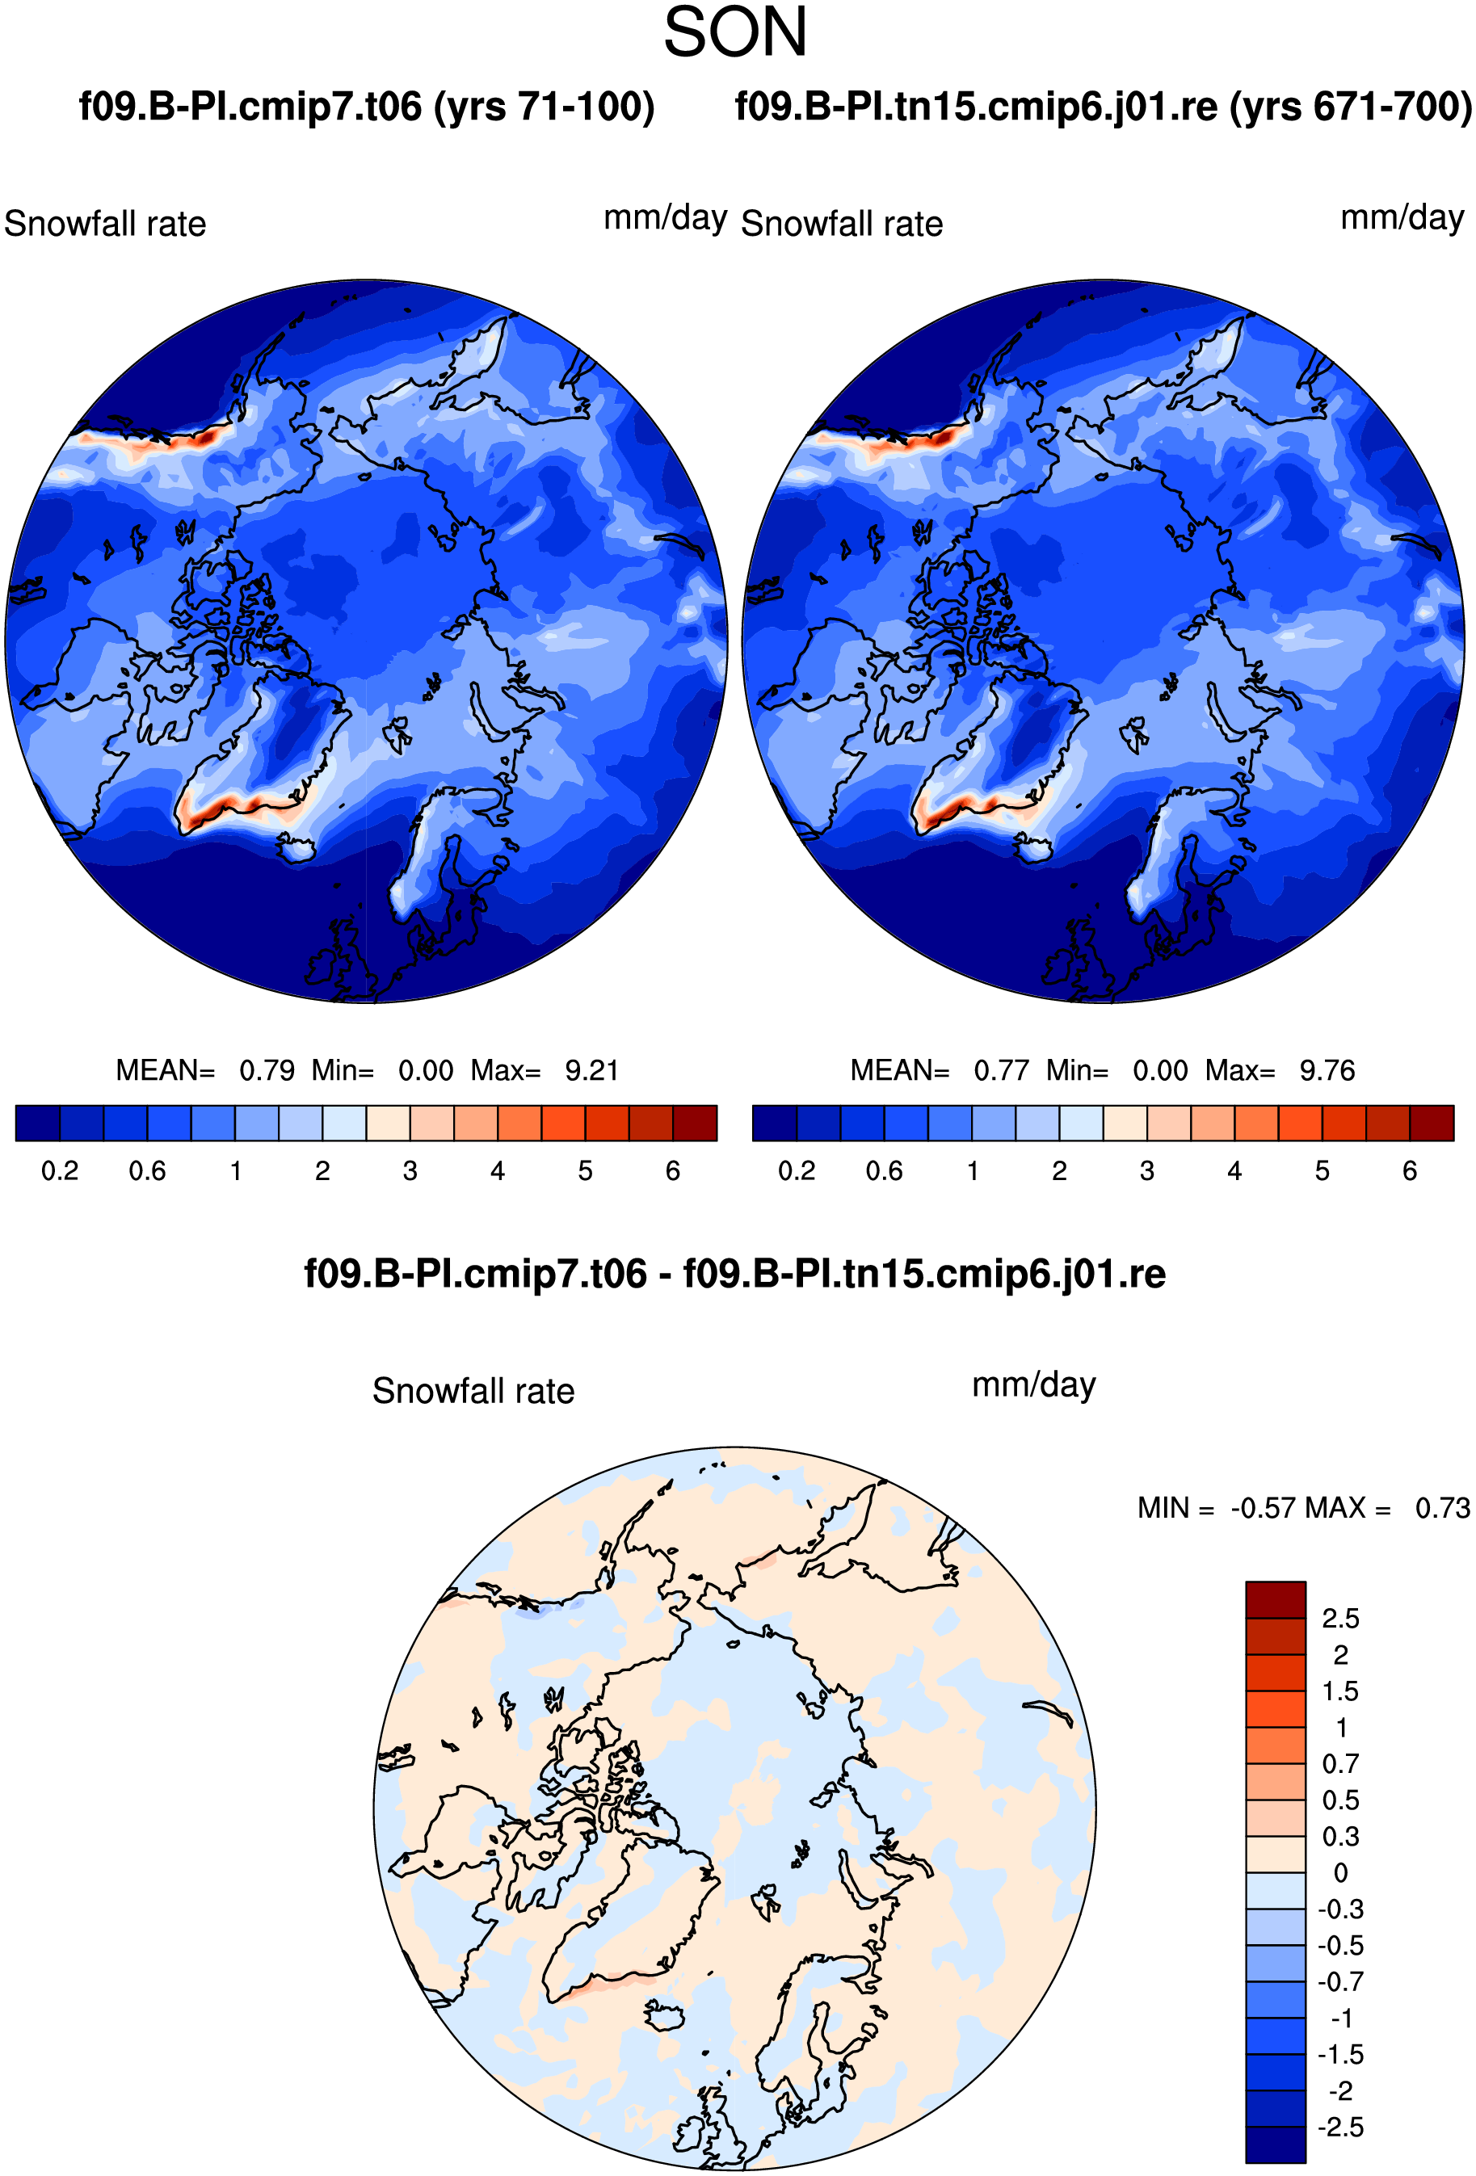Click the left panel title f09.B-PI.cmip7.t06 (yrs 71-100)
point(366,107)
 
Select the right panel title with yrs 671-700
point(1104,107)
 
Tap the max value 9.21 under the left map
point(592,1070)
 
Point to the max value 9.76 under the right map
point(1327,1070)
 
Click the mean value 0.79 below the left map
point(267,1070)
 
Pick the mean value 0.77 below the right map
point(1001,1070)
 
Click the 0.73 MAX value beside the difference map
point(1442,1507)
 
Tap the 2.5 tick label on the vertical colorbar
point(1340,1618)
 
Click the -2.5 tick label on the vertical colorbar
point(1340,2127)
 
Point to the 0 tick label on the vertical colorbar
point(1340,1872)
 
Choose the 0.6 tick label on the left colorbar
point(147,1170)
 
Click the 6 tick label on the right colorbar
point(1410,1170)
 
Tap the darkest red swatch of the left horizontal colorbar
point(695,1123)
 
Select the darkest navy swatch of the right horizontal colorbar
point(775,1123)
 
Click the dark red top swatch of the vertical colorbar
point(1276,1599)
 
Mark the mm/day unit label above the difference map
point(1034,1384)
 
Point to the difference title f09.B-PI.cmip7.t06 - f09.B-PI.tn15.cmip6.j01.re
point(735,1274)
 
